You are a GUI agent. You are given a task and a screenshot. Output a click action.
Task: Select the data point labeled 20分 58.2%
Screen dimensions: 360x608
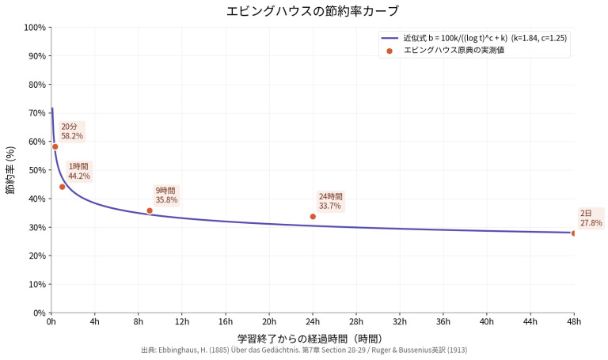coord(55,146)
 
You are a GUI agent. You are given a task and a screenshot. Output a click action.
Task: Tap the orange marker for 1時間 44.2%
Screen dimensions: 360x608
coord(63,187)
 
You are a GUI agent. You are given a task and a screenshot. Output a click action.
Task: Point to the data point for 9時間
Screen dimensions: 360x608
coord(150,210)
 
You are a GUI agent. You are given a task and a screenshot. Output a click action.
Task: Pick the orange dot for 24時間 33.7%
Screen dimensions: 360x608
coord(313,216)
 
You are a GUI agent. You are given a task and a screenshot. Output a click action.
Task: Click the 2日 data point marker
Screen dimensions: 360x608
coord(574,233)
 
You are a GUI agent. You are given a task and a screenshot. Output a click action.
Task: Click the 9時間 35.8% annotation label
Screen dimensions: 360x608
coord(165,195)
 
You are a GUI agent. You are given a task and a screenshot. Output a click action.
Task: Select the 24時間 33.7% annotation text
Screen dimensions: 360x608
coord(330,201)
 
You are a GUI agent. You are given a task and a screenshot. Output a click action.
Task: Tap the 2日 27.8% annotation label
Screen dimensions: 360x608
coord(591,218)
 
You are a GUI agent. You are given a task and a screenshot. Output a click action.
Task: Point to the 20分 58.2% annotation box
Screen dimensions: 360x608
coord(71,131)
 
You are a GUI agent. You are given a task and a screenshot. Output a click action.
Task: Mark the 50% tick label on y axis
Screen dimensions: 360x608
coord(36,170)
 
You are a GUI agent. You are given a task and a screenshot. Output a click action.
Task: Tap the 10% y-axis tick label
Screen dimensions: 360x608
coord(36,284)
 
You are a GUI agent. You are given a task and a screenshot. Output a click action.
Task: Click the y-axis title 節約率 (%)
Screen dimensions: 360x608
coord(11,170)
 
